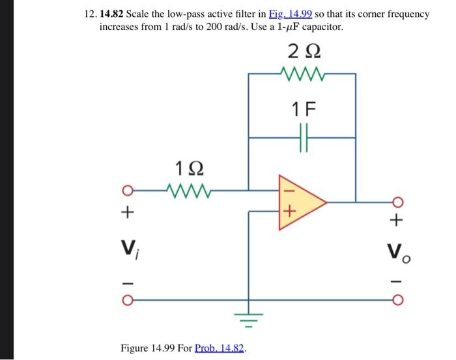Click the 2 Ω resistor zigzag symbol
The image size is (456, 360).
[301, 74]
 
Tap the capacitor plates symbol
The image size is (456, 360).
[302, 137]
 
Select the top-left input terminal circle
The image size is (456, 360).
[128, 191]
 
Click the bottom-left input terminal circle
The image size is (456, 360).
[128, 300]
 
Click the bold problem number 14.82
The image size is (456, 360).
[112, 14]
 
